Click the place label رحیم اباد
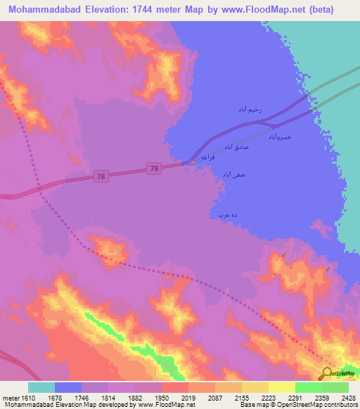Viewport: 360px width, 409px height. pos(250,110)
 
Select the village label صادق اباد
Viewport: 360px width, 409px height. pos(238,147)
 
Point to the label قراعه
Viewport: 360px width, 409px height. pos(207,157)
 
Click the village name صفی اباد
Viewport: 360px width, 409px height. pos(232,174)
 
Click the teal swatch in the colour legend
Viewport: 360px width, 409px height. pos(41,387)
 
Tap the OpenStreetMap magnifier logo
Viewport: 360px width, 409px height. pos(326,374)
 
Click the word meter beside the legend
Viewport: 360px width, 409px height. pos(11,398)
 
